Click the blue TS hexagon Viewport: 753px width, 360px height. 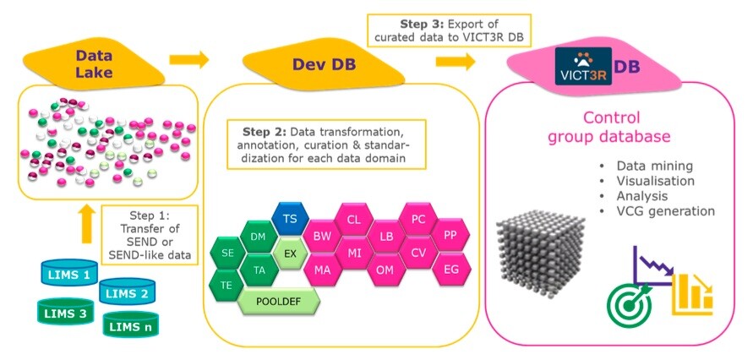[x=290, y=218]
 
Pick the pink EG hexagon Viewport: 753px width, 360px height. [x=450, y=269]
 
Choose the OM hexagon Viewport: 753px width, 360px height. [x=385, y=270]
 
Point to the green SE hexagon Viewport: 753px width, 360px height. [x=227, y=253]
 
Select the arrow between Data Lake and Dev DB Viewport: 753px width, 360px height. [x=189, y=60]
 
